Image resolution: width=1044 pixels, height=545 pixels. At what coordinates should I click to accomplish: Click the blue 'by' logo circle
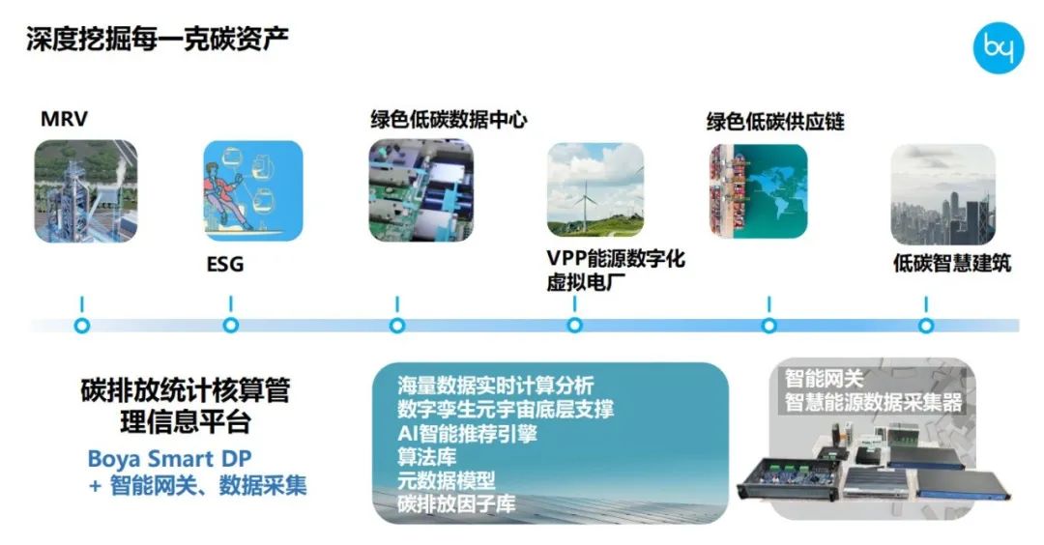click(998, 48)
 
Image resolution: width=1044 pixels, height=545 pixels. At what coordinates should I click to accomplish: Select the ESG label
click(224, 264)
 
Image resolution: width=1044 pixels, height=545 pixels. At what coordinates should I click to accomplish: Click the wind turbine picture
click(594, 189)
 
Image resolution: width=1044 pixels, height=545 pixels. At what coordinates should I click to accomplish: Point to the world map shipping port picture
click(758, 189)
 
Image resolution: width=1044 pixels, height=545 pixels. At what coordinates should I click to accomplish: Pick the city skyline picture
click(942, 195)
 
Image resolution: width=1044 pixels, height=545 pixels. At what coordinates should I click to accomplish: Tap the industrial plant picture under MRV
click(85, 191)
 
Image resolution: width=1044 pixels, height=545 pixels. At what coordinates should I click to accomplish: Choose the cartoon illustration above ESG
click(252, 189)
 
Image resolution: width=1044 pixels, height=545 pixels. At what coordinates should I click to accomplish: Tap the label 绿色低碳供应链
click(775, 122)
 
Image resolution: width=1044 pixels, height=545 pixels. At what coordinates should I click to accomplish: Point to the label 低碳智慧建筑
click(952, 263)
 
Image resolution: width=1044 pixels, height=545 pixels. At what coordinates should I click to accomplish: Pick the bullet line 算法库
click(426, 456)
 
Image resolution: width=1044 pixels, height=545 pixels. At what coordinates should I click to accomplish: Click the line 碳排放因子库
click(456, 503)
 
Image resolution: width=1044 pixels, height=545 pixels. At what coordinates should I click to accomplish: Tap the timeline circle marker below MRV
click(82, 326)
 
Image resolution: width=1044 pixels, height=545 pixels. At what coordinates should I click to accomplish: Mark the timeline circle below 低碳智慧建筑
click(926, 326)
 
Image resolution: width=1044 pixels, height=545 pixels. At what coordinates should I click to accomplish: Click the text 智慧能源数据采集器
click(874, 403)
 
